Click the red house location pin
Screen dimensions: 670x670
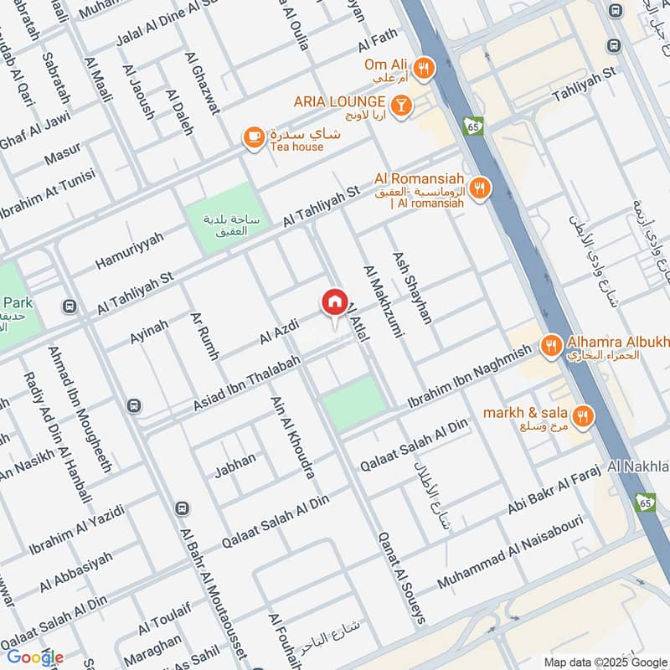(334, 303)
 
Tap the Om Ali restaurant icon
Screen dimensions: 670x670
(425, 69)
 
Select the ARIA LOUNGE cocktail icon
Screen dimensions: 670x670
(403, 104)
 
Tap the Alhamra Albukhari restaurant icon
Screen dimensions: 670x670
(550, 345)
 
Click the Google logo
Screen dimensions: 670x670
(35, 657)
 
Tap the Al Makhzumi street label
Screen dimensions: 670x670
(379, 301)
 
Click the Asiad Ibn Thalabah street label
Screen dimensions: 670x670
(247, 381)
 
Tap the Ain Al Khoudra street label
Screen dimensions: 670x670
(292, 437)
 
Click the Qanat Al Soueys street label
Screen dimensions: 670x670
(401, 577)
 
